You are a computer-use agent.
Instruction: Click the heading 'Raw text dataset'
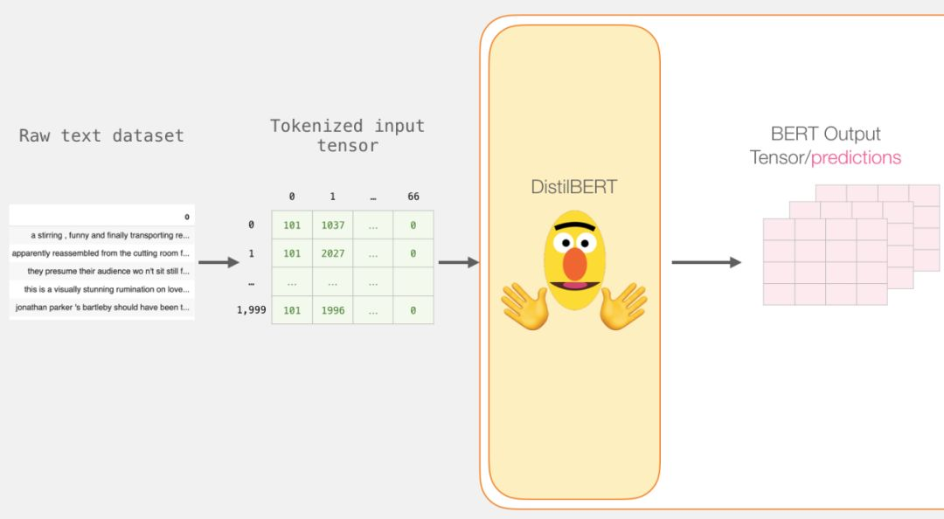tap(101, 135)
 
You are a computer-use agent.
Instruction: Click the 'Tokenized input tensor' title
tap(347, 135)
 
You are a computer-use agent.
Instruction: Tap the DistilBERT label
tap(573, 187)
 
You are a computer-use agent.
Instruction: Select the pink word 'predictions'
tap(856, 158)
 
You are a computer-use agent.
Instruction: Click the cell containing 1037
tap(333, 225)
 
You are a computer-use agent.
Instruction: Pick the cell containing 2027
tap(333, 253)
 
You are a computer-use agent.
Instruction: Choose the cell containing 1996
tap(333, 310)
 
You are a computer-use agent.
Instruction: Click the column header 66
tap(413, 197)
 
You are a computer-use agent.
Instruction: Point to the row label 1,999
tap(251, 310)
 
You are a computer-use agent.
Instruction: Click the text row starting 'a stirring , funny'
tap(109, 235)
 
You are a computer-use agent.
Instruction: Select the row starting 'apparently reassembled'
tap(101, 253)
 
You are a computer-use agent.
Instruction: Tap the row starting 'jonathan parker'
tap(102, 308)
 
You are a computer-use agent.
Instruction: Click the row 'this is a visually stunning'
tap(107, 289)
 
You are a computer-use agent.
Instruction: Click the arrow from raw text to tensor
tap(219, 262)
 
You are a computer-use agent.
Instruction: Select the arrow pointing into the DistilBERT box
tap(458, 262)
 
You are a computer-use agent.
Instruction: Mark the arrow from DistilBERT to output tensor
tap(706, 262)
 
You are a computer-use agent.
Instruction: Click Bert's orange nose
tap(574, 263)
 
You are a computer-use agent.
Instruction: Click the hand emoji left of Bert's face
tap(524, 307)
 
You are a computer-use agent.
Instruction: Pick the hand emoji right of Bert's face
tap(623, 307)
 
